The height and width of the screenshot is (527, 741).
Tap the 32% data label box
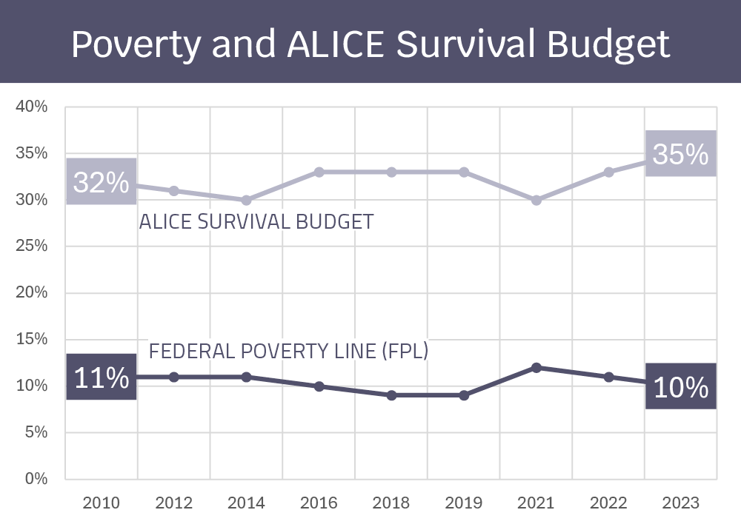[x=102, y=181]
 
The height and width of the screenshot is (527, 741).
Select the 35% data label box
[x=680, y=154]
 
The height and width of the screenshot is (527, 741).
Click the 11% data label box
[x=102, y=377]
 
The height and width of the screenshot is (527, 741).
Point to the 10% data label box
[x=680, y=386]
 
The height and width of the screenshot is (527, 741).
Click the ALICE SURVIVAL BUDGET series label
[x=256, y=222]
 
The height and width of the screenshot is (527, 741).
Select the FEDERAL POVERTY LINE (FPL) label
[x=289, y=351]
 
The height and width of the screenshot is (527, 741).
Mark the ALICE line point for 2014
[x=246, y=200]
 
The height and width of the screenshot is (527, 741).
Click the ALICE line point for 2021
[x=536, y=200]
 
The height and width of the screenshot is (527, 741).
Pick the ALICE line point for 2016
[x=319, y=172]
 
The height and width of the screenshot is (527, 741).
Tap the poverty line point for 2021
[x=536, y=367]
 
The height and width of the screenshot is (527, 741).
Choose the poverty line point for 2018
[x=391, y=395]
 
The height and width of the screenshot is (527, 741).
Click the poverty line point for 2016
[x=319, y=386]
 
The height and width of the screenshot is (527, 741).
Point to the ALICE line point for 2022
[x=608, y=172]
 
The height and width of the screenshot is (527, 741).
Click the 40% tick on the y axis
[x=32, y=107]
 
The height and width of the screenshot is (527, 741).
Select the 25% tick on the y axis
[x=32, y=246]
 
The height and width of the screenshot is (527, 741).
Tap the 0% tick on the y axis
[x=36, y=479]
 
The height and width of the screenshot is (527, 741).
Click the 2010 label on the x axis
[x=102, y=503]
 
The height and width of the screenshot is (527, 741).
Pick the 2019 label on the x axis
[x=464, y=503]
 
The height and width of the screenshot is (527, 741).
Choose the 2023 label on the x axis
[x=680, y=503]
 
